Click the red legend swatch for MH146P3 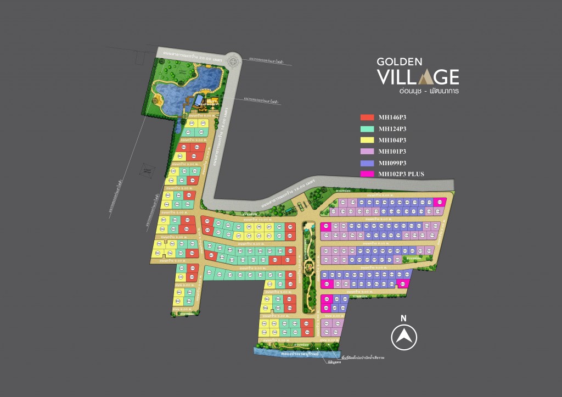[367, 118]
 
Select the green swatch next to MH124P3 [367, 129]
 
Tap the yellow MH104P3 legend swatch [367, 140]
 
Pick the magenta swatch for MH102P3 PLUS [367, 174]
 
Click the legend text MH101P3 [392, 152]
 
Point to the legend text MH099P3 [392, 163]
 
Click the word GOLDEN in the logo [397, 61]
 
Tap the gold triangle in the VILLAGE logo [424, 76]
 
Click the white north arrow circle [404, 336]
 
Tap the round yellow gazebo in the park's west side [159, 99]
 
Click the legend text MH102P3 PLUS [401, 174]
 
